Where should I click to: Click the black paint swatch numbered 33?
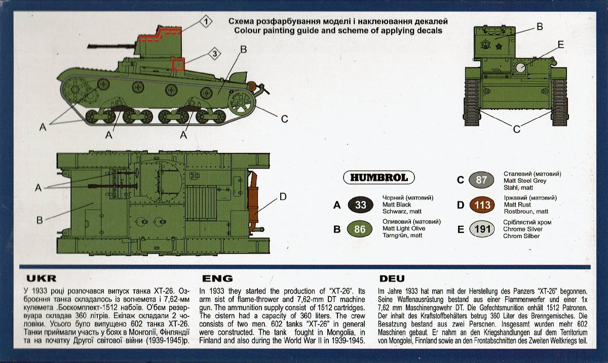pos(360,205)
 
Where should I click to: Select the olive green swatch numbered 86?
pos(360,229)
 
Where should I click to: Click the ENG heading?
pos(217,278)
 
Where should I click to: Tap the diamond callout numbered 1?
pos(206,21)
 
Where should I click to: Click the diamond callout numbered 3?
pos(214,54)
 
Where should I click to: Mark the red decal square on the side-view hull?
pos(178,64)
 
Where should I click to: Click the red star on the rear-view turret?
pos(498,47)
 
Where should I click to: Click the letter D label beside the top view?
pos(283,196)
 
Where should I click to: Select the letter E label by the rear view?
pos(560,45)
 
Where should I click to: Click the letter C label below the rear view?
pos(516,129)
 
